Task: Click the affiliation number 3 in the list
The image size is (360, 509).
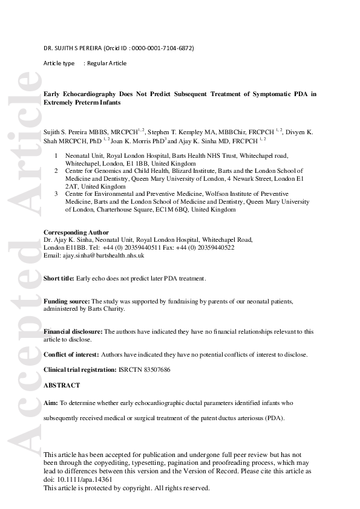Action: [x=56, y=194]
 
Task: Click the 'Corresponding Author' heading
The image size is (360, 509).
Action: [x=76, y=232]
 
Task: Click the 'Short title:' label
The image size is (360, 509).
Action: [x=59, y=278]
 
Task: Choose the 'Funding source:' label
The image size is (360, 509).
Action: [x=67, y=301]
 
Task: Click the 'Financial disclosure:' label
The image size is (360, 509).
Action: [x=74, y=331]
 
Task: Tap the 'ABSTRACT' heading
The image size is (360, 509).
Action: [x=62, y=385]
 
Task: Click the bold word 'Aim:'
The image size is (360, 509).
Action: [x=51, y=402]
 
